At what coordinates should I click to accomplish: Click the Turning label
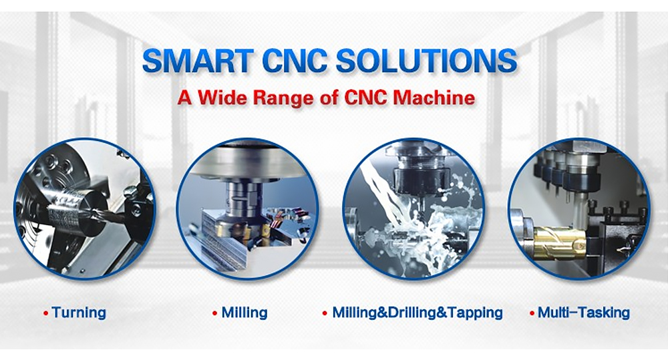click(79, 312)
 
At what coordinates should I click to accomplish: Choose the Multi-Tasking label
click(583, 312)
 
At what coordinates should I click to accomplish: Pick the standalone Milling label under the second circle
click(244, 312)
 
